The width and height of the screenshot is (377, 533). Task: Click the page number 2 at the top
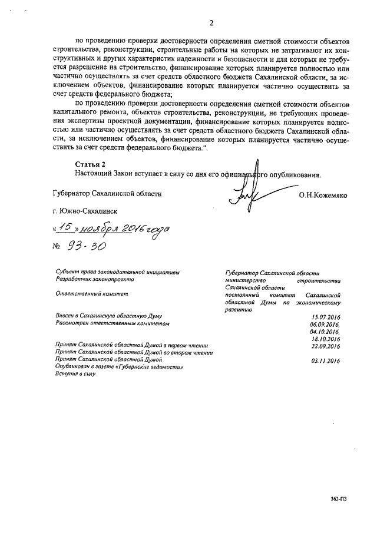click(x=210, y=23)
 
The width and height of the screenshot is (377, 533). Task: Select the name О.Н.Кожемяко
click(x=324, y=193)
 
